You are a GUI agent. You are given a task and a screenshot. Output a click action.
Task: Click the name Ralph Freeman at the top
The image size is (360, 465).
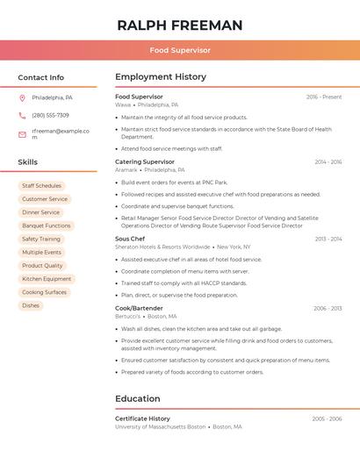click(179, 25)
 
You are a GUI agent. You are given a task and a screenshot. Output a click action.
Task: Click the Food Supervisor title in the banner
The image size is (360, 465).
click(179, 50)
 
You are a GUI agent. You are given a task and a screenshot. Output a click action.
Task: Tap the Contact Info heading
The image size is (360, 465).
click(40, 77)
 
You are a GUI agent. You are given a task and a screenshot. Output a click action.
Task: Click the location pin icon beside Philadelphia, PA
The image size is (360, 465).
click(22, 97)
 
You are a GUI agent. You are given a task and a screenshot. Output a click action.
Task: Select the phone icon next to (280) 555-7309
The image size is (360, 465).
click(22, 115)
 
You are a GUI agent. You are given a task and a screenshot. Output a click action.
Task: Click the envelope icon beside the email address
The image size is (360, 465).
click(22, 134)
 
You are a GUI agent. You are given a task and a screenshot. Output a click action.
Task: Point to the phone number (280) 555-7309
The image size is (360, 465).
click(50, 115)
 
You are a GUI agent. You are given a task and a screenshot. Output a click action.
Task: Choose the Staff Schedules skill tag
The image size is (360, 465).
click(41, 186)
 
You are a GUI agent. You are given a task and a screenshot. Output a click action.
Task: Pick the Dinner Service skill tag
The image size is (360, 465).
click(40, 212)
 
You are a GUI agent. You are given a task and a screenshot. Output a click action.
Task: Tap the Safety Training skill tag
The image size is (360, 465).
click(40, 239)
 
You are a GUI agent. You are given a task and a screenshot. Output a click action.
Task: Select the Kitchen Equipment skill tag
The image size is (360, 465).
click(47, 279)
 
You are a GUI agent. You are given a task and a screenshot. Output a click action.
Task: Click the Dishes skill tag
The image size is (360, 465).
click(31, 305)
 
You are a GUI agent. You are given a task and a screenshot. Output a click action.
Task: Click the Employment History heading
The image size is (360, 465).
click(161, 77)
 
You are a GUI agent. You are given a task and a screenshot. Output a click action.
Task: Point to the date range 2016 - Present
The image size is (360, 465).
click(324, 97)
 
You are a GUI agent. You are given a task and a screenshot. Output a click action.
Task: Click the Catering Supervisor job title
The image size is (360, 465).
click(145, 161)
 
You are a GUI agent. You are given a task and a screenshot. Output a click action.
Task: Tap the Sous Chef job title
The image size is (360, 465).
click(129, 239)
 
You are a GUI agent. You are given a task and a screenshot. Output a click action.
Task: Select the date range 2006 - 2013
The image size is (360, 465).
click(327, 308)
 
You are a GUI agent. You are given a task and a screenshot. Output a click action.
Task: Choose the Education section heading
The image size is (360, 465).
click(137, 399)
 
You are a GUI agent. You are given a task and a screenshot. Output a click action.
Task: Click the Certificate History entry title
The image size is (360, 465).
click(142, 418)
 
